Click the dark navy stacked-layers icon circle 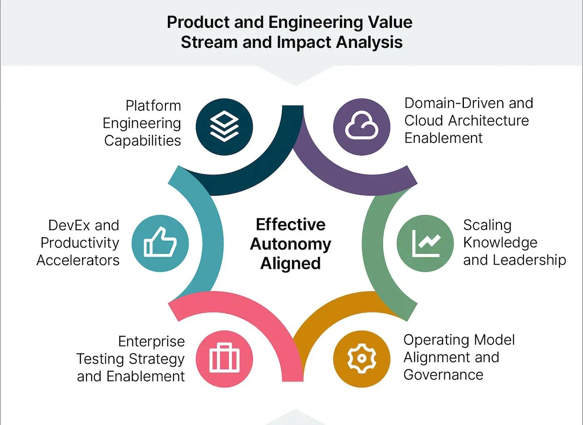coord(224,127)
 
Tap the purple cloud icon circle coord(361,127)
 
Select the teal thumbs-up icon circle coord(160,244)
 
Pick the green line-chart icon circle coord(425,244)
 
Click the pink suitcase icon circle coord(224,359)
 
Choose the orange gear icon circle coord(361,359)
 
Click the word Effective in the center coord(290,225)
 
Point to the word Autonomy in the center coord(290,244)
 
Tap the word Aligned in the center coord(290,263)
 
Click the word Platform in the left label coord(153,106)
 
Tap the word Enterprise coord(151,341)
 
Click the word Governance coord(443,375)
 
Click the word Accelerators coord(78,260)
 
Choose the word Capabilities coord(142,141)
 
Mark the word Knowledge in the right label coord(500,243)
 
